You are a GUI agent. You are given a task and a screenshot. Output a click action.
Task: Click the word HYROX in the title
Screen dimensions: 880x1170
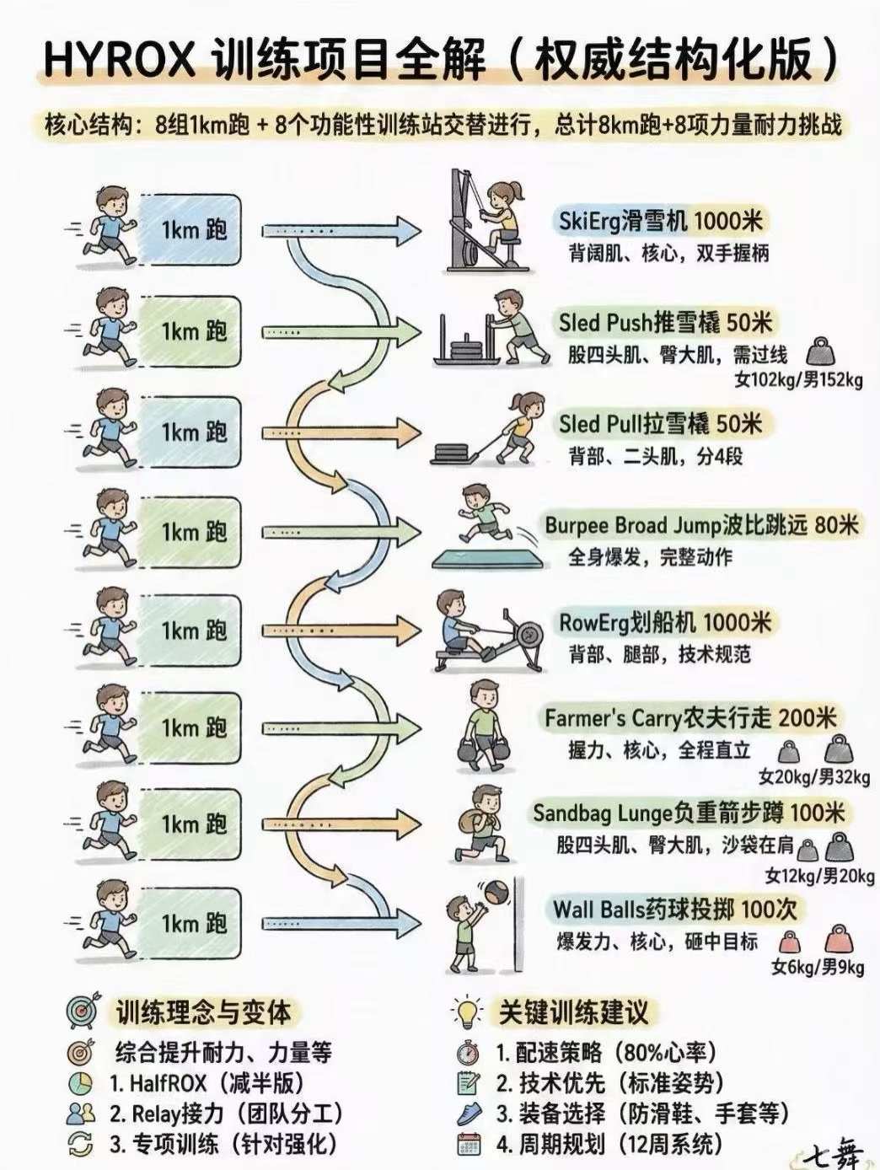pyautogui.click(x=119, y=60)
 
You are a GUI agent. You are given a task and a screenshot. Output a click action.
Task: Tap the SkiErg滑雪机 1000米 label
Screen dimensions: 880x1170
pyautogui.click(x=660, y=221)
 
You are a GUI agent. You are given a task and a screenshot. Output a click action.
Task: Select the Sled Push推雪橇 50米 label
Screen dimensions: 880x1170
pyautogui.click(x=665, y=322)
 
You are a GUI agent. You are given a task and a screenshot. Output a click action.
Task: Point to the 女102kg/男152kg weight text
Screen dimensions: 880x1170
pyautogui.click(x=798, y=380)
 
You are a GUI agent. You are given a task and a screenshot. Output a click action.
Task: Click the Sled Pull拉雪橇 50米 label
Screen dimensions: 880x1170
pyautogui.click(x=660, y=424)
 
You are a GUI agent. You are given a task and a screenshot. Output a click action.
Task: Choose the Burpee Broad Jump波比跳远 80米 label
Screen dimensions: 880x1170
pyautogui.click(x=701, y=525)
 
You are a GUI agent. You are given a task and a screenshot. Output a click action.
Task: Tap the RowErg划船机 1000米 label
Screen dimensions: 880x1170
pyautogui.click(x=665, y=622)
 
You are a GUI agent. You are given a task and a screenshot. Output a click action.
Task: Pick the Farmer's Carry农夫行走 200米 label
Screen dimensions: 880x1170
pyautogui.click(x=690, y=718)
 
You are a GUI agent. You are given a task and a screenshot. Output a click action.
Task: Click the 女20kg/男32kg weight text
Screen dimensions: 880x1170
pyautogui.click(x=814, y=777)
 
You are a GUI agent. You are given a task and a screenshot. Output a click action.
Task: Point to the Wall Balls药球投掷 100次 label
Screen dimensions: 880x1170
pyautogui.click(x=674, y=910)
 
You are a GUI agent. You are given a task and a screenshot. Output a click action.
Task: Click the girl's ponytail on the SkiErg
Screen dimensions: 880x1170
pyautogui.click(x=517, y=191)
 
